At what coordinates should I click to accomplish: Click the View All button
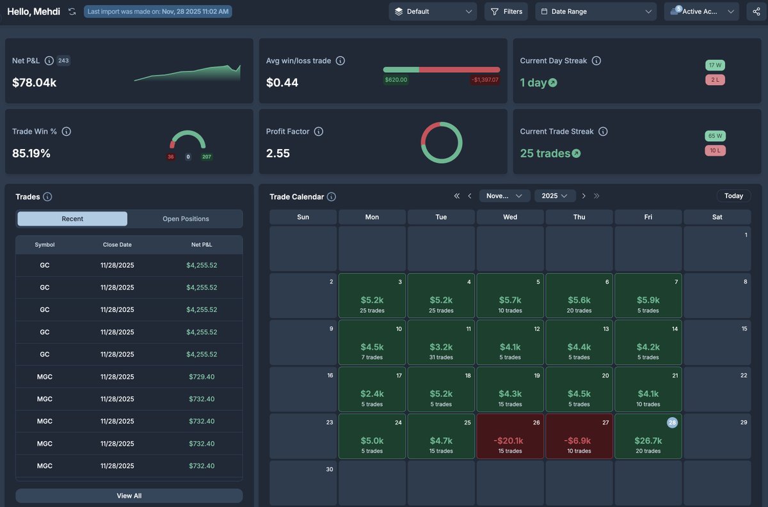pos(129,495)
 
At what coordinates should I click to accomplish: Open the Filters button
pos(506,12)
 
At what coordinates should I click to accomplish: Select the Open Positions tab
pos(186,219)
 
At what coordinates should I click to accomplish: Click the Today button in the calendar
pos(733,196)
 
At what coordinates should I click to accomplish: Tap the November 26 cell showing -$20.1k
pos(510,436)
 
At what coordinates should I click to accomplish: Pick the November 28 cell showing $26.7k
pos(648,436)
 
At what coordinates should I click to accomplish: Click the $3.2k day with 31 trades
pos(441,342)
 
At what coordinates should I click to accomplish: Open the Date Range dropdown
pos(596,12)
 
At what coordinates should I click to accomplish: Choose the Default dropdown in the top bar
pos(433,12)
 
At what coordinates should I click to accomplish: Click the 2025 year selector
pos(555,196)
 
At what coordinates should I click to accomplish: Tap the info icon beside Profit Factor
pos(319,131)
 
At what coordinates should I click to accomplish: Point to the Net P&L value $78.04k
pos(35,82)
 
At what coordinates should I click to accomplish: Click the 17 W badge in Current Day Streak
pos(715,65)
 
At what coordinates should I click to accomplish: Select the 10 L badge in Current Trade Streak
pos(715,150)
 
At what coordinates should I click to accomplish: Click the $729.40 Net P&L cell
pos(202,377)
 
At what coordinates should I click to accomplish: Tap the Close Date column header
pos(117,244)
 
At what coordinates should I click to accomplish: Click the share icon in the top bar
pos(757,12)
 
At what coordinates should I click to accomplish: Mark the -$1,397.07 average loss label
pos(485,80)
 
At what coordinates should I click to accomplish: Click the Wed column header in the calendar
pos(510,217)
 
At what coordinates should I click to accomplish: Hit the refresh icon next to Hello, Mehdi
pos(72,12)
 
